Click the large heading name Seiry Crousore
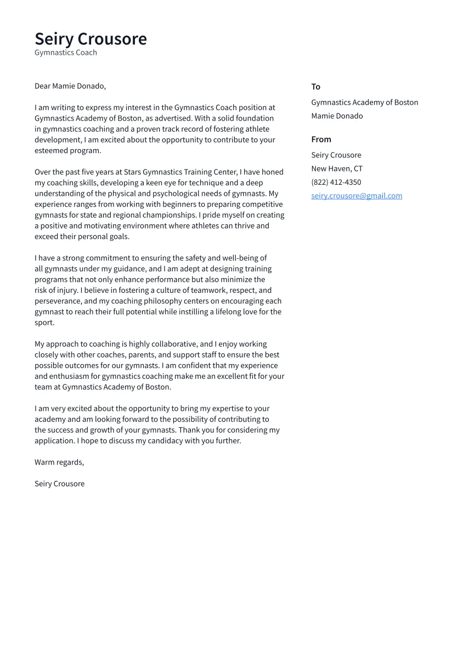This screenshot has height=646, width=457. pos(91,39)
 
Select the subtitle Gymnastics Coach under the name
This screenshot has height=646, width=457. pos(66,53)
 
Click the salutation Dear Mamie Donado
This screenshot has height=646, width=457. pos(70,86)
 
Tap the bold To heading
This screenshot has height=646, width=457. pos(315,87)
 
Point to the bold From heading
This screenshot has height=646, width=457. pos(321,139)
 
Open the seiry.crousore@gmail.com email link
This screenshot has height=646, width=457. pos(357,196)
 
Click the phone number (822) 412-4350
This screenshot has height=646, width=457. pos(336,182)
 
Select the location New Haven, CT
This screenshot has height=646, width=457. pos(336,168)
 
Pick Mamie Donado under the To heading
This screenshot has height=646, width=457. pos(337,116)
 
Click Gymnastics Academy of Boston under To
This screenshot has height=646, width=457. pos(364,103)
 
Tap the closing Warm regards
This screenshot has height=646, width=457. pos(59,462)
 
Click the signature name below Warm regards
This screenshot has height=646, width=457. pos(59,484)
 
